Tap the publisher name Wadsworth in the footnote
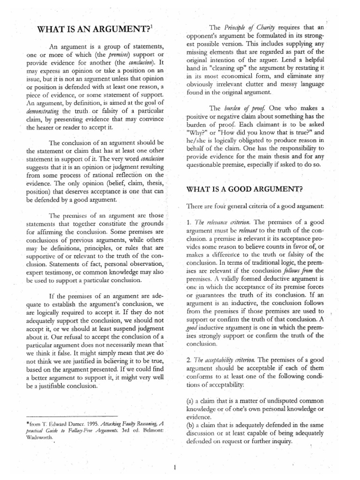[39, 438]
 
